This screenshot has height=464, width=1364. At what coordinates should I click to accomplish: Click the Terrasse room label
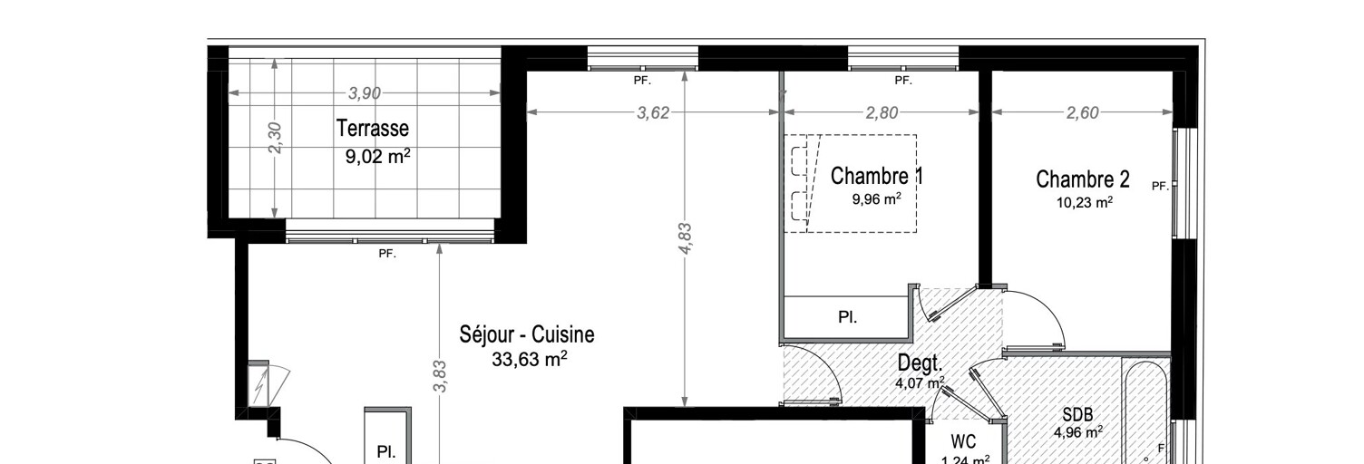click(x=373, y=129)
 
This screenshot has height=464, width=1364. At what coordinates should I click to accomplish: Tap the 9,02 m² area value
click(x=377, y=156)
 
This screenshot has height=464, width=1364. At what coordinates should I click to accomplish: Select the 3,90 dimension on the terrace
click(x=365, y=93)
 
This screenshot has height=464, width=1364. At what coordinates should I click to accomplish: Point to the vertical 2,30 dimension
click(x=275, y=138)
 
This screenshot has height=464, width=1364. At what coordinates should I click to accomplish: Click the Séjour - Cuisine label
click(x=527, y=334)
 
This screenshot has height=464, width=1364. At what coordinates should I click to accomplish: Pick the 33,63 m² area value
click(x=530, y=360)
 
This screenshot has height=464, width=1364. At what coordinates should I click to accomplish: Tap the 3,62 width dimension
click(x=653, y=112)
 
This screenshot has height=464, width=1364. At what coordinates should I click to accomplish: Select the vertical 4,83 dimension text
click(x=685, y=239)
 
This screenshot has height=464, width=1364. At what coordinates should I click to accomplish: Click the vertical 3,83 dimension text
click(x=441, y=376)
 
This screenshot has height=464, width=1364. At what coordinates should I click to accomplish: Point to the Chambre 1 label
click(x=877, y=177)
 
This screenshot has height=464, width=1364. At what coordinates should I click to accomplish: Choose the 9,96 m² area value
click(x=877, y=198)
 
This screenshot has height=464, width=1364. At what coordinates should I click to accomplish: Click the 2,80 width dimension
click(x=882, y=112)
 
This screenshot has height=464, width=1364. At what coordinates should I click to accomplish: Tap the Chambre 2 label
click(x=1083, y=179)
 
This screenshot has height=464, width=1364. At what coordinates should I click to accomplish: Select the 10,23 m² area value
click(x=1085, y=202)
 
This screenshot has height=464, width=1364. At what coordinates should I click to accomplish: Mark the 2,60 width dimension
click(x=1082, y=112)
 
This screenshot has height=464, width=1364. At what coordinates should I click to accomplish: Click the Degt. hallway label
click(x=921, y=363)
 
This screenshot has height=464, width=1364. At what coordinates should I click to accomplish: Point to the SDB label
click(x=1077, y=415)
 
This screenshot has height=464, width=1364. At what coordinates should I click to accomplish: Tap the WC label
click(x=963, y=441)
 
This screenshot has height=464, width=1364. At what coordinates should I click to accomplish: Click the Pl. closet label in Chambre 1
click(x=848, y=317)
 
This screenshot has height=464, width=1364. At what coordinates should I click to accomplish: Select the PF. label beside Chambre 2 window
click(x=1160, y=187)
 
